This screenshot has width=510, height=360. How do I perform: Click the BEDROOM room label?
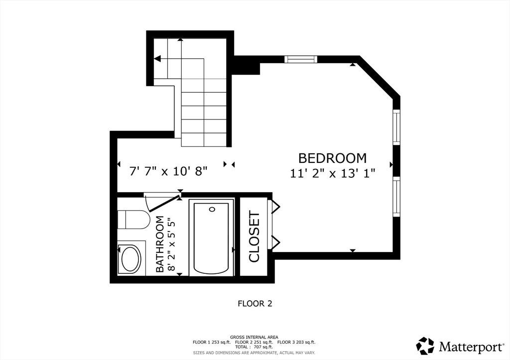point(332,158)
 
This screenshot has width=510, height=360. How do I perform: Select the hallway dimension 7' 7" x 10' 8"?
point(168,171)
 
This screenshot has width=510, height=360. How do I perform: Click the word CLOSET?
point(254,237)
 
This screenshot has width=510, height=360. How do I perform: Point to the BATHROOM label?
point(160,244)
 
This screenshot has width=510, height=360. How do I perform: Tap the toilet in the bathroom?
point(133,220)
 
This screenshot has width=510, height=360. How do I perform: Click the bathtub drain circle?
point(212,209)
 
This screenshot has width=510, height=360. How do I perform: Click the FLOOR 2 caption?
point(255,304)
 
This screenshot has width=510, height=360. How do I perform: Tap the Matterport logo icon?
point(425,346)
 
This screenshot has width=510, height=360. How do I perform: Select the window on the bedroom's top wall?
point(301,59)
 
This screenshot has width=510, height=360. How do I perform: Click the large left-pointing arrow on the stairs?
point(157,59)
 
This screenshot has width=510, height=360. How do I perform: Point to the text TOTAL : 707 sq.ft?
point(254,347)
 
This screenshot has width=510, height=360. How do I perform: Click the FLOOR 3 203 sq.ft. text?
point(297,342)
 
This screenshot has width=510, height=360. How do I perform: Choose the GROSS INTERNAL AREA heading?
point(254,337)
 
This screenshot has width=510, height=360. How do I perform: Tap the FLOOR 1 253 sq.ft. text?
point(212,342)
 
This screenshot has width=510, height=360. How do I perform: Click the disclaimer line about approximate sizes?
point(254,353)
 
